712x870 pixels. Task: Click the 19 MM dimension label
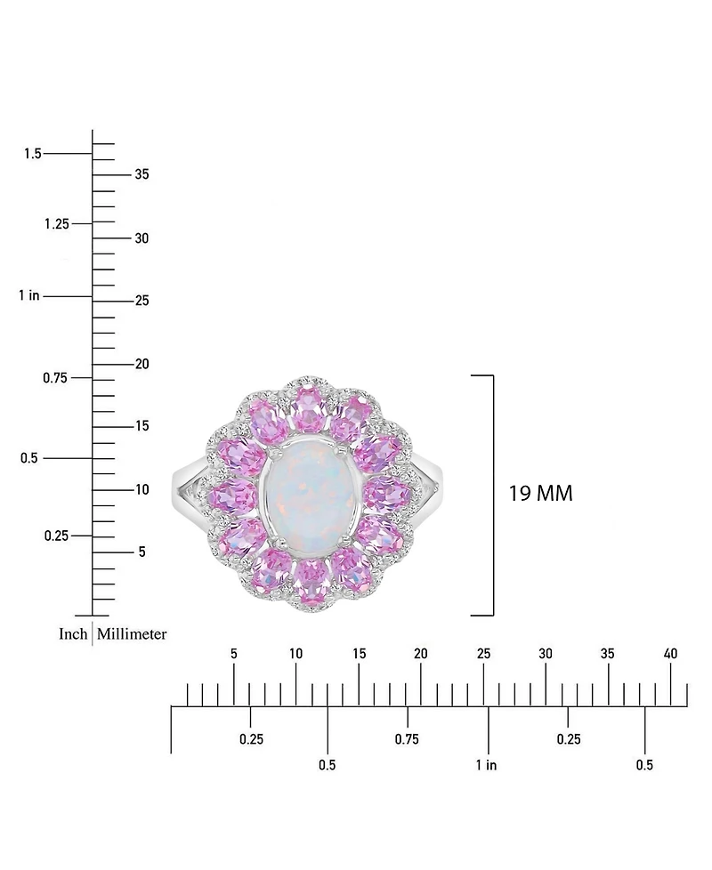pyautogui.click(x=540, y=494)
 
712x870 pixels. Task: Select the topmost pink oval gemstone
pyautogui.click(x=309, y=409)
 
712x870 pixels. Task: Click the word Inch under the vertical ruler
pyautogui.click(x=73, y=633)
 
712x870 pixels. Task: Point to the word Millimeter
pyautogui.click(x=132, y=633)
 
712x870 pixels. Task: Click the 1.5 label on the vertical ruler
pyautogui.click(x=33, y=154)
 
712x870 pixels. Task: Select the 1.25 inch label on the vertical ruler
pyautogui.click(x=56, y=223)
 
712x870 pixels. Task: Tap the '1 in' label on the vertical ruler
pyautogui.click(x=29, y=295)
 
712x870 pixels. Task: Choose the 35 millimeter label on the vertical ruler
pyautogui.click(x=141, y=174)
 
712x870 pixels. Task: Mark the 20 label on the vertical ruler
pyautogui.click(x=141, y=364)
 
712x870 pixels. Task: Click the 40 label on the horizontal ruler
pyautogui.click(x=671, y=654)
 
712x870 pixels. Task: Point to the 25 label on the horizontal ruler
pyautogui.click(x=483, y=654)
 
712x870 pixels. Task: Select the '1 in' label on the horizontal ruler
pyautogui.click(x=486, y=765)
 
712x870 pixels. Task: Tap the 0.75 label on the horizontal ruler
pyautogui.click(x=407, y=739)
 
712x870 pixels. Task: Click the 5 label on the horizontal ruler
pyautogui.click(x=233, y=654)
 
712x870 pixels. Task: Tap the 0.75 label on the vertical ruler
pyautogui.click(x=56, y=378)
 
